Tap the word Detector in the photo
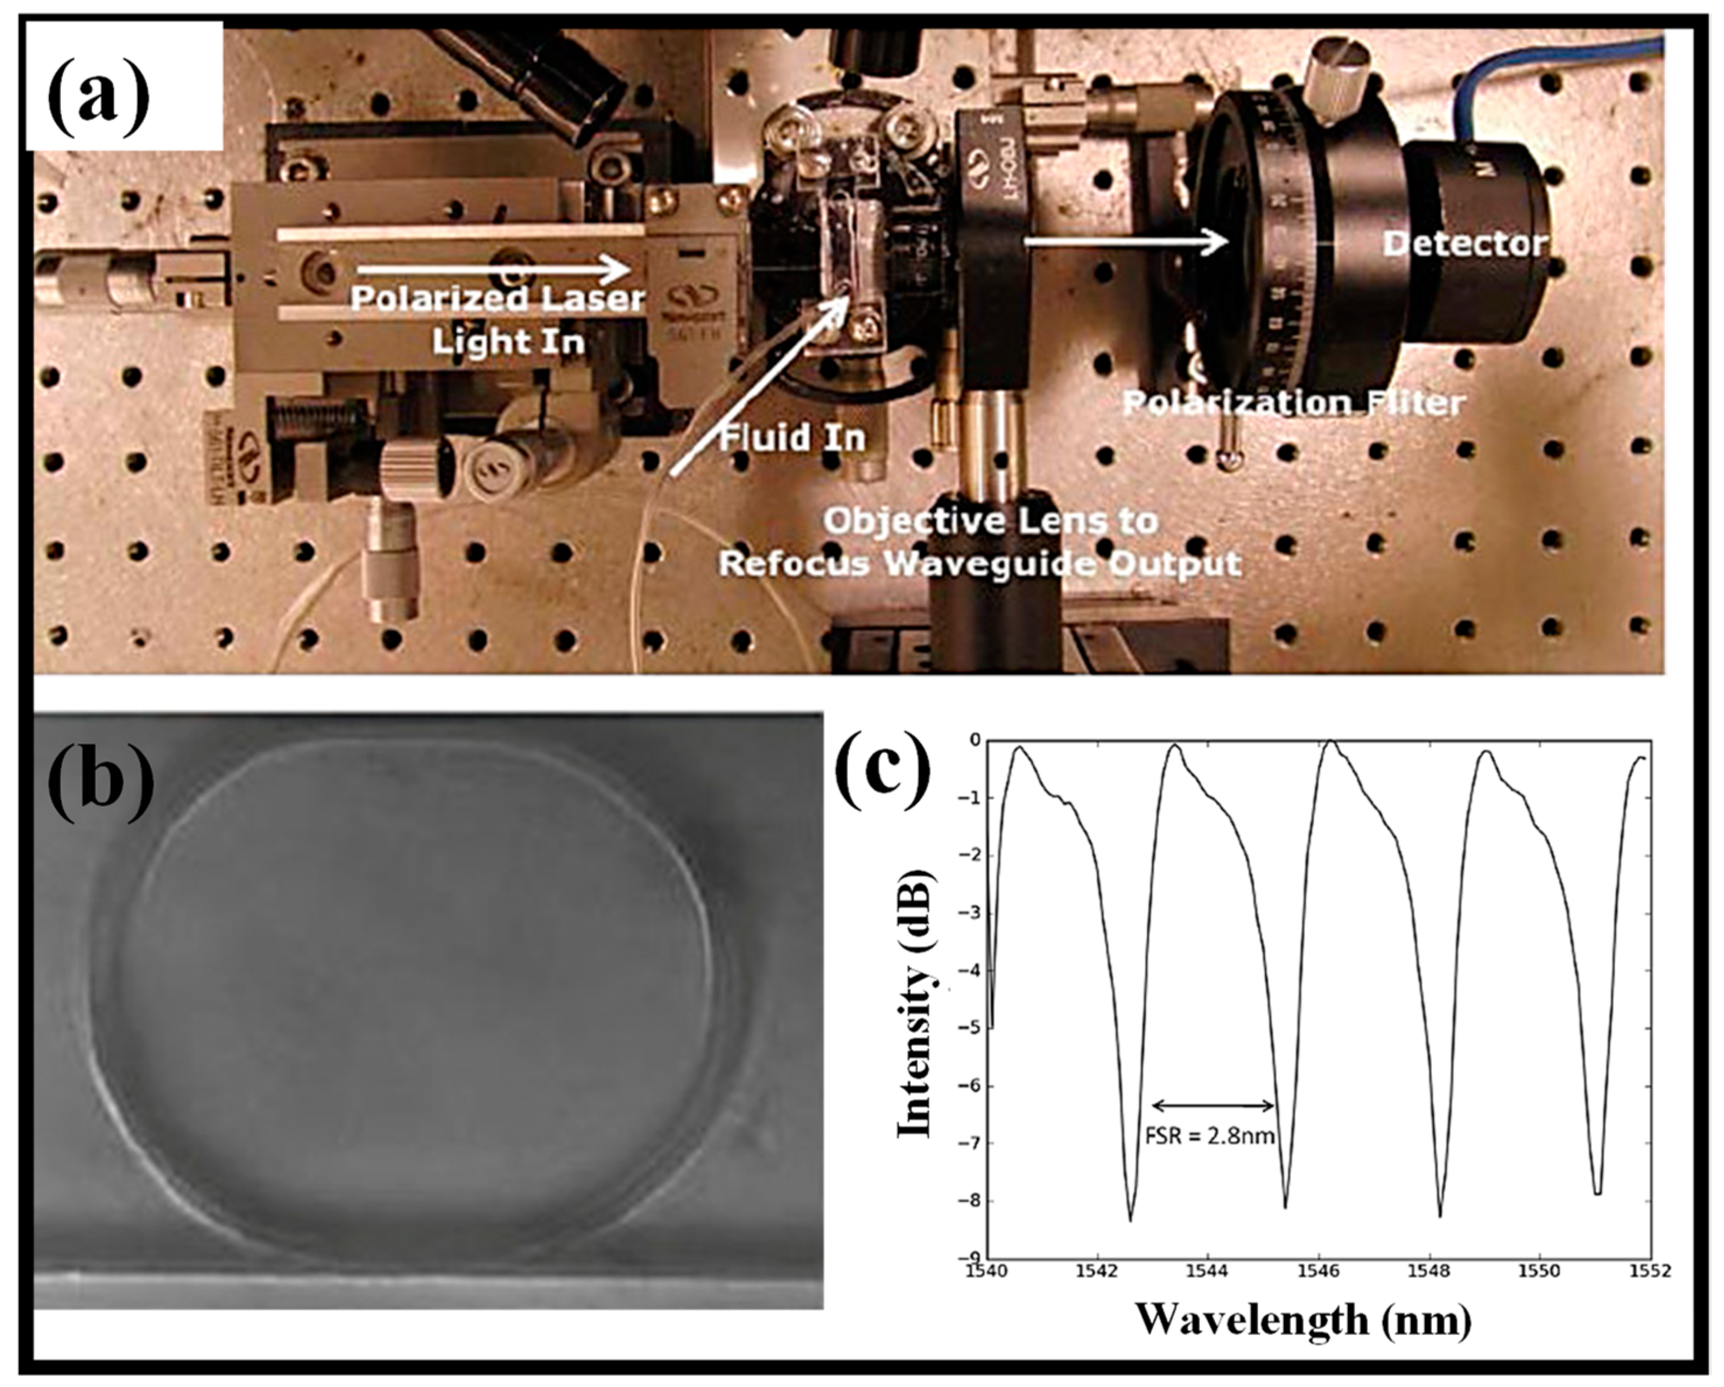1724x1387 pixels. click(1465, 243)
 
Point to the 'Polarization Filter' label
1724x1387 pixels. click(1294, 402)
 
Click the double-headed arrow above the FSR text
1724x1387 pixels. click(1213, 1105)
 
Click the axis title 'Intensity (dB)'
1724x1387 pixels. click(914, 1003)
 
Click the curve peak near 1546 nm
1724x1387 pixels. click(1329, 742)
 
